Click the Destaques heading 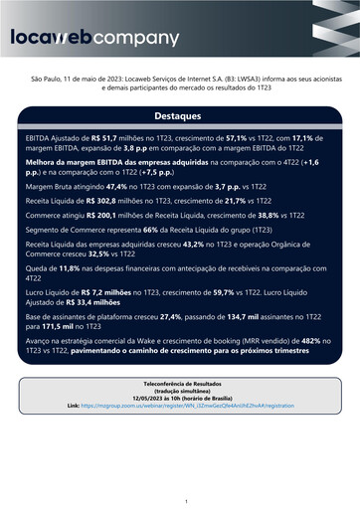180,115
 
